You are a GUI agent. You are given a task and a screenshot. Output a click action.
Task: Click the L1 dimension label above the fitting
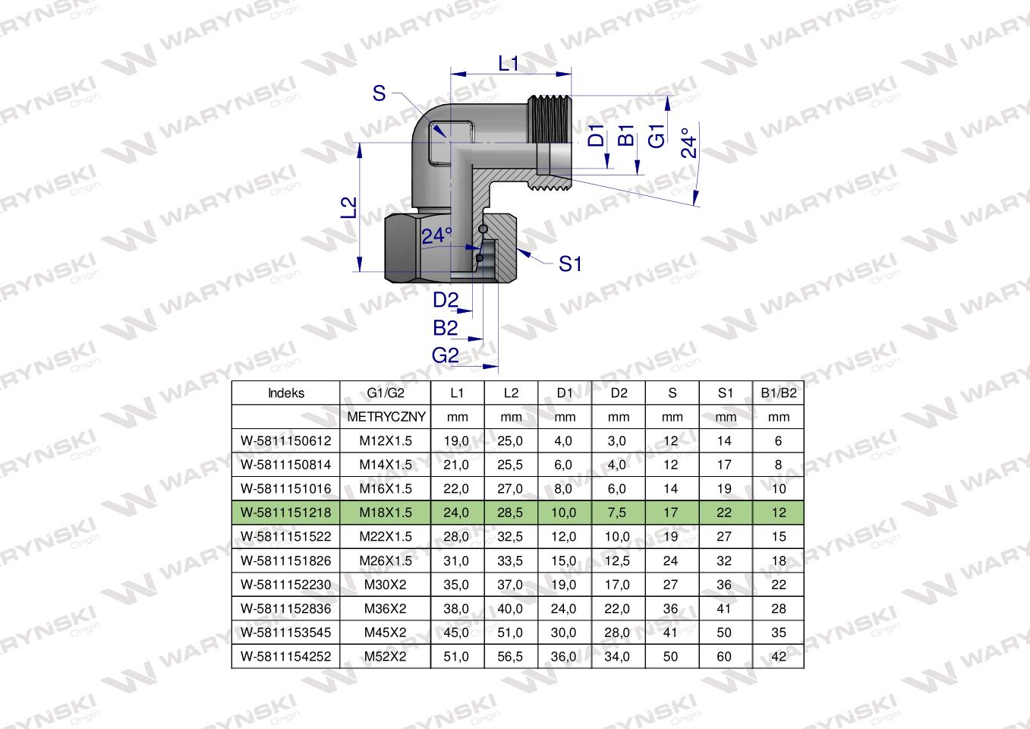tap(508, 64)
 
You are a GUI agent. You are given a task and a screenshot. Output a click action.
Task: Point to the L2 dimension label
tap(348, 207)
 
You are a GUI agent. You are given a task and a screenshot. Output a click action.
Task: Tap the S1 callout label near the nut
tap(570, 264)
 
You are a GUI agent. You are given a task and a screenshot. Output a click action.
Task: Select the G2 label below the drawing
tap(446, 355)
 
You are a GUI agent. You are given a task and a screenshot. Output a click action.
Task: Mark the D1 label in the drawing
tap(597, 135)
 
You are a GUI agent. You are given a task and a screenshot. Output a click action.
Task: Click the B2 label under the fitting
tap(446, 328)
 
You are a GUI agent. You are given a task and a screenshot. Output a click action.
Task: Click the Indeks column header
tap(286, 393)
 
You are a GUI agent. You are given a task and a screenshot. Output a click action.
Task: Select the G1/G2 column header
tap(386, 393)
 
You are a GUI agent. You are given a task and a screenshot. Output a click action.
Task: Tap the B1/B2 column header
tap(778, 393)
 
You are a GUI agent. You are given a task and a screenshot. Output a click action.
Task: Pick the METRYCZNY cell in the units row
tap(386, 417)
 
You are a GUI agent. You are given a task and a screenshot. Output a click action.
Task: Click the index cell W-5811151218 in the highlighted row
tap(286, 513)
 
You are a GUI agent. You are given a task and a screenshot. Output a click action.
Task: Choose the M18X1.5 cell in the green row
tap(386, 513)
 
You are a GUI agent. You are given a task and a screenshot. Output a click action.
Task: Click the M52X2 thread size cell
tap(386, 657)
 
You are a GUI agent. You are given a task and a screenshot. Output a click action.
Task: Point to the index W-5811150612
tap(286, 441)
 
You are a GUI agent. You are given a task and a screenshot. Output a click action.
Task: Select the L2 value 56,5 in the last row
tap(511, 657)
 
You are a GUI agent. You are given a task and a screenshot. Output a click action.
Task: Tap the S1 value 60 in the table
tap(724, 657)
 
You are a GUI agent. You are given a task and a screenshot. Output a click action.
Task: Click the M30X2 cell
tap(386, 585)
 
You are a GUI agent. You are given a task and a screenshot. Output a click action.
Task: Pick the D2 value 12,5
tap(618, 560)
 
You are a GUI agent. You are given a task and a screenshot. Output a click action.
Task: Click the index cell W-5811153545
tap(286, 633)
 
